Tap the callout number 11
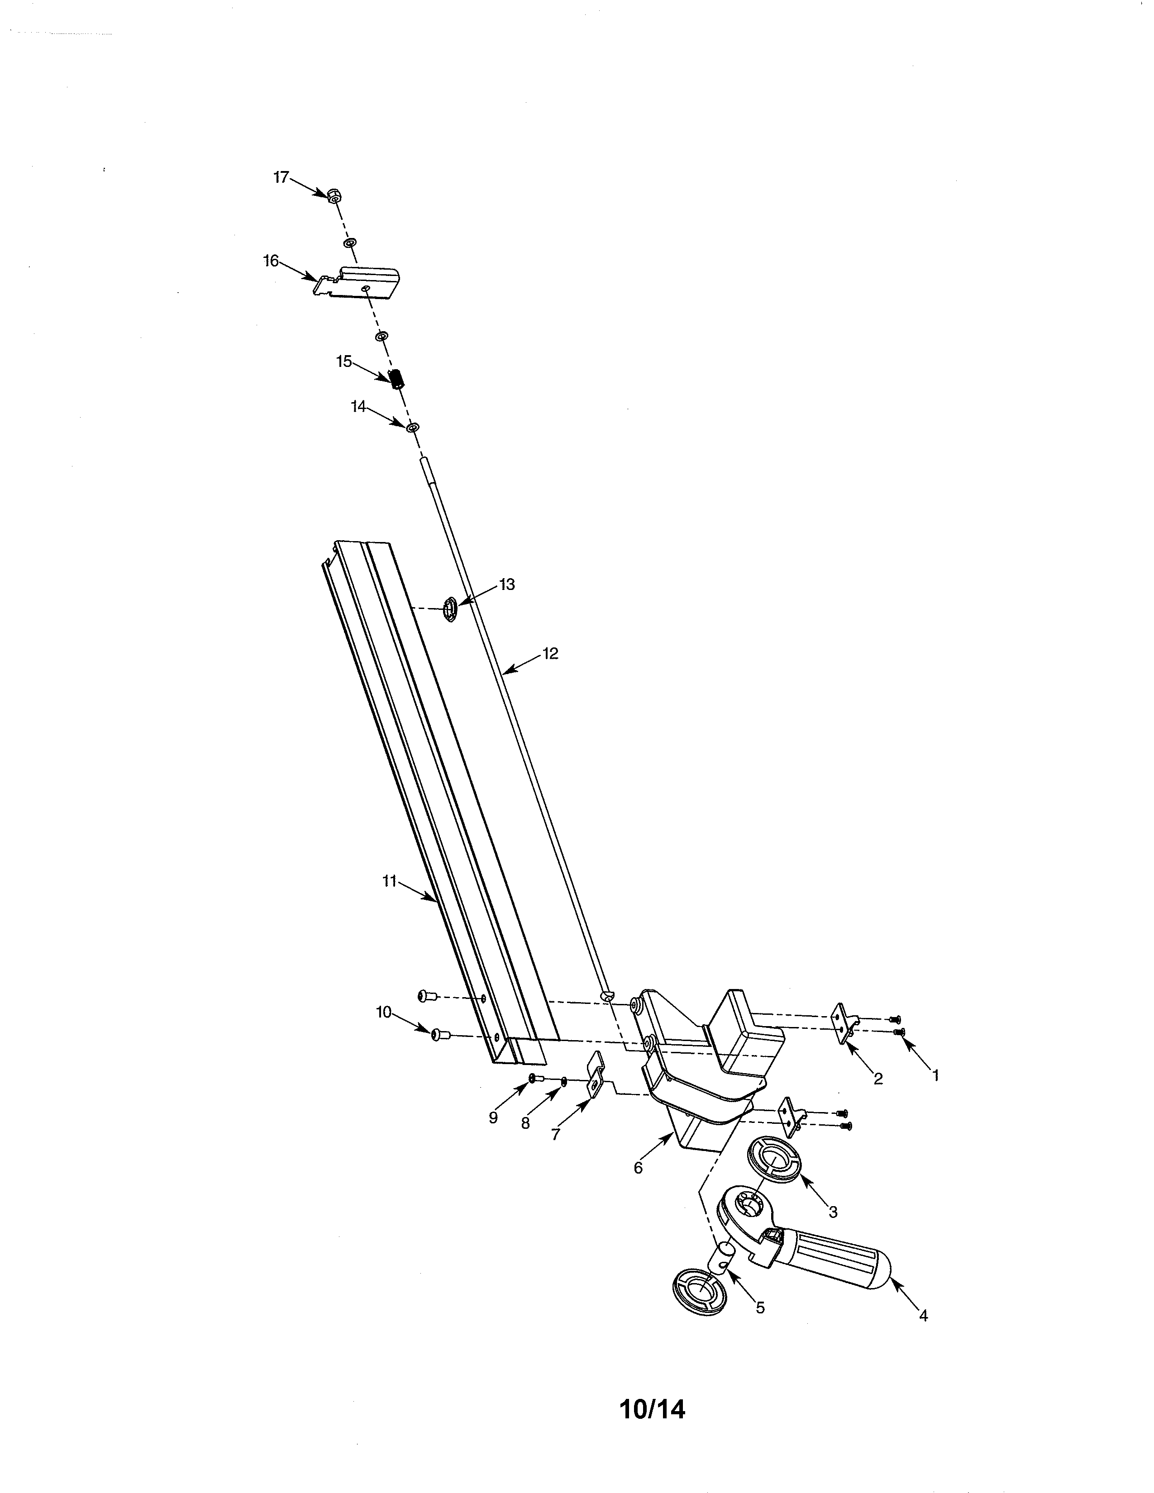tap(390, 881)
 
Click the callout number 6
tap(638, 1168)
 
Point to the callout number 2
tap(878, 1079)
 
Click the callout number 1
tap(936, 1075)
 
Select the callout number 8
tap(525, 1123)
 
